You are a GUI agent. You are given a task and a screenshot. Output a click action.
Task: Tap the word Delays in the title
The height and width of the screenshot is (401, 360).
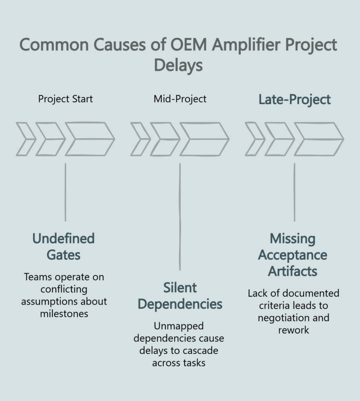point(178,65)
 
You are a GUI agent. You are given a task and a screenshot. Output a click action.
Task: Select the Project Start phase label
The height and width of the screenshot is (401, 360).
point(65,99)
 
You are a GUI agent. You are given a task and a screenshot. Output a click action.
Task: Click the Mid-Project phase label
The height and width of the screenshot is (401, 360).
point(180,99)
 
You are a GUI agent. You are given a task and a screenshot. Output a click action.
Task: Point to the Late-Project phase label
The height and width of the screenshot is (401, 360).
point(294,99)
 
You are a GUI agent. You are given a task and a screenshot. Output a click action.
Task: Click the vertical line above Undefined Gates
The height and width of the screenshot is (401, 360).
point(65,192)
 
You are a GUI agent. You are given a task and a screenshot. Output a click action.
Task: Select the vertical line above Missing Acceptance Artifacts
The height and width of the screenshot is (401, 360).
point(294,192)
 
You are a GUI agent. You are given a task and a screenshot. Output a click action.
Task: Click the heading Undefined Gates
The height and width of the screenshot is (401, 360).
point(63,247)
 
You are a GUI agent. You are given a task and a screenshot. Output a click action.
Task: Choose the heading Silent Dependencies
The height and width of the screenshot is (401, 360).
point(180,296)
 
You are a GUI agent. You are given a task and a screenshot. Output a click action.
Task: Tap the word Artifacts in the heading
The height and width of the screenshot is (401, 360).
point(293,271)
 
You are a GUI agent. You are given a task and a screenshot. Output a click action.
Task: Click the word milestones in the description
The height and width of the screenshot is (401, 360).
point(64,314)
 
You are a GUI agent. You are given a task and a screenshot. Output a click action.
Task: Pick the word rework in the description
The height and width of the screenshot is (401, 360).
point(293,330)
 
